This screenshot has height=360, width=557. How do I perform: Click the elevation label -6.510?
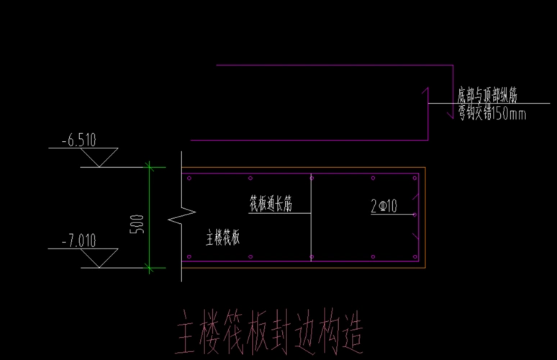[x=78, y=140]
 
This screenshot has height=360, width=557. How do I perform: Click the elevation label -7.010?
[x=78, y=240]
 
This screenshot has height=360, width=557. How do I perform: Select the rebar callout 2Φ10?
[x=384, y=207]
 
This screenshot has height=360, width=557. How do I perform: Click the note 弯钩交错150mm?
[x=493, y=112]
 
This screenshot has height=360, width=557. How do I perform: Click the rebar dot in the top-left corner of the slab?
[x=189, y=178]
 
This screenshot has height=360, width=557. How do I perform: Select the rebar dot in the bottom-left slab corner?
[x=189, y=257]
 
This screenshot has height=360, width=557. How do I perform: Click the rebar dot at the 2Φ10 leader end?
[x=415, y=213]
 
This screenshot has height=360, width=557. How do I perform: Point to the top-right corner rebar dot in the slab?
[x=415, y=178]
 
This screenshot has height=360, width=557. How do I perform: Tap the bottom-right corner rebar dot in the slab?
[x=415, y=257]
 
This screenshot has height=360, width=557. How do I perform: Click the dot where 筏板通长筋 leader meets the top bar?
[x=311, y=176]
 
